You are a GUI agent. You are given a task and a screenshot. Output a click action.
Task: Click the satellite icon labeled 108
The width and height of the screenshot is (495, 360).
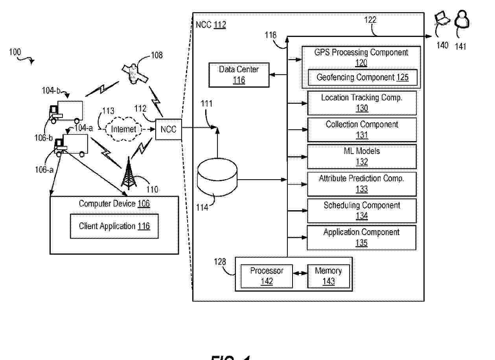click(135, 73)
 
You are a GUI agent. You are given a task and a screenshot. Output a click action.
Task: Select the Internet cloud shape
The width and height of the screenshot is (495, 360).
click(123, 129)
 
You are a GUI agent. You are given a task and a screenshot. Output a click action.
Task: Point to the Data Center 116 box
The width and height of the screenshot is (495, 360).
click(239, 75)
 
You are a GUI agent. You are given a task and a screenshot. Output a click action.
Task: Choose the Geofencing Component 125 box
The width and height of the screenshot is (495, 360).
click(362, 77)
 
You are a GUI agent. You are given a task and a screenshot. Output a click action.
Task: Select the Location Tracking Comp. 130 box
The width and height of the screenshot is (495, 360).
click(361, 103)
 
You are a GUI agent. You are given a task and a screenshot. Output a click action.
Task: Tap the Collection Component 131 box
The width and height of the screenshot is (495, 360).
click(361, 130)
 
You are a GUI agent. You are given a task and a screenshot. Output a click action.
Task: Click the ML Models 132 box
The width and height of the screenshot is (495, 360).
click(361, 156)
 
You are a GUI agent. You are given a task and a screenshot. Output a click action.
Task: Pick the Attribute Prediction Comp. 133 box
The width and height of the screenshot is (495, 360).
click(361, 184)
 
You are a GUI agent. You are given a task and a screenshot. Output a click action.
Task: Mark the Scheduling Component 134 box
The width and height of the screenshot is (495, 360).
click(361, 211)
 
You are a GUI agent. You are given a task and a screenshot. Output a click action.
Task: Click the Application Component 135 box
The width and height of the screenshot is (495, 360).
click(361, 237)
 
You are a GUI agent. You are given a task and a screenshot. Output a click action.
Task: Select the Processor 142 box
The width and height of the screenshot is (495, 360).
click(267, 276)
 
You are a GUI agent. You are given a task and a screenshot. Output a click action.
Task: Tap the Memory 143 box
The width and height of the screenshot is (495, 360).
click(328, 276)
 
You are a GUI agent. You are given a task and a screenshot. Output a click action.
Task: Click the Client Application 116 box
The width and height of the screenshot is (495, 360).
click(114, 226)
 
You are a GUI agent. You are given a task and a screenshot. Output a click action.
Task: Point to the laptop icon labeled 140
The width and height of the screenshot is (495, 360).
click(442, 19)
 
